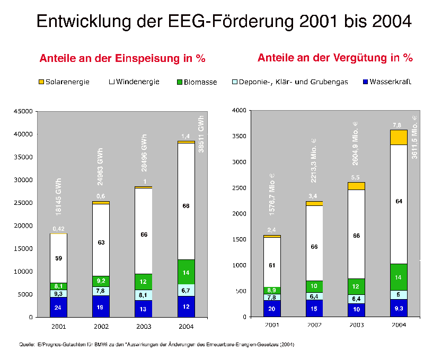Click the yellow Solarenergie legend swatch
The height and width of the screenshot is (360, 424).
coord(42,82)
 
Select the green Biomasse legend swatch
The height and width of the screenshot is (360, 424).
coord(179,82)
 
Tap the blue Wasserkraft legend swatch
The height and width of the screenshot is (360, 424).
coord(365,82)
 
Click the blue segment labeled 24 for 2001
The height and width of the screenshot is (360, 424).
coord(58,307)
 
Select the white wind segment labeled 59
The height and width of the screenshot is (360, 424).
coord(58,258)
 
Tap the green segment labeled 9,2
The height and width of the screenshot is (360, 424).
coord(101,281)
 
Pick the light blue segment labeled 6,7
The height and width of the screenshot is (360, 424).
coord(185,291)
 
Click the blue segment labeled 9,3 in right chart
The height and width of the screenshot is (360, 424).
coord(398,308)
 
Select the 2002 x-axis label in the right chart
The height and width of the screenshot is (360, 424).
coord(314,324)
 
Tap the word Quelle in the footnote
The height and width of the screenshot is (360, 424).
coord(26,345)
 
